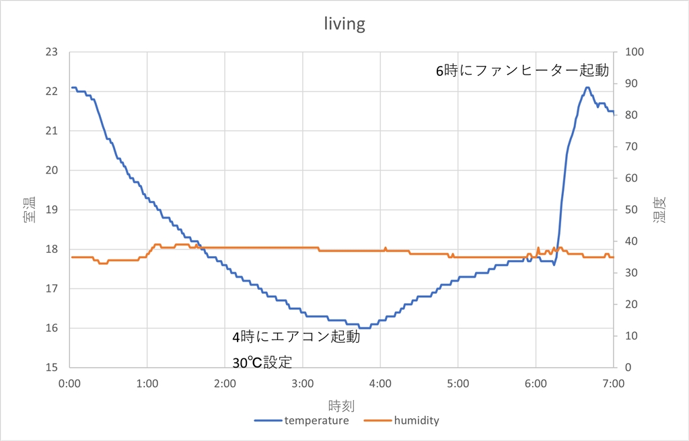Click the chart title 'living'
(344, 25)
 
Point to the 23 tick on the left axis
(51, 52)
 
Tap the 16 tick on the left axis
(51, 328)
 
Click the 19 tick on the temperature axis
(51, 210)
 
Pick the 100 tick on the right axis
(634, 52)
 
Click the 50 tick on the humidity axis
(632, 210)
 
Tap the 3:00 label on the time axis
(303, 383)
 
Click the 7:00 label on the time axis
(613, 383)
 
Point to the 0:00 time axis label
(70, 383)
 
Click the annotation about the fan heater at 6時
(522, 70)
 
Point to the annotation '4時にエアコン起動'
(296, 337)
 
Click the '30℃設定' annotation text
(262, 362)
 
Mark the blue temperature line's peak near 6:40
(587, 87)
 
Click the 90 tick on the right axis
(632, 83)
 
